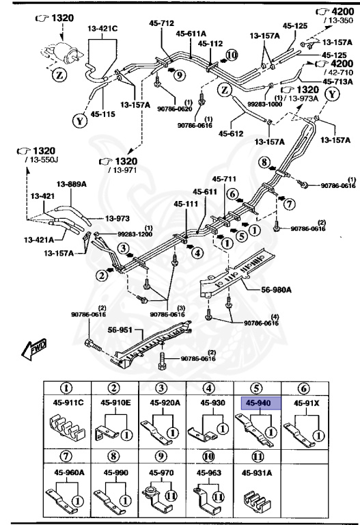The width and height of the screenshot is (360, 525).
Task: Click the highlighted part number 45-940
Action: coord(255,403)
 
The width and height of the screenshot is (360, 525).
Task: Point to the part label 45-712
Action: coord(162,23)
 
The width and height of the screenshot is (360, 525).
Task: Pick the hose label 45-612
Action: coord(232,133)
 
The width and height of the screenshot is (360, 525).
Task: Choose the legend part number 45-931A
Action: coord(255,472)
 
